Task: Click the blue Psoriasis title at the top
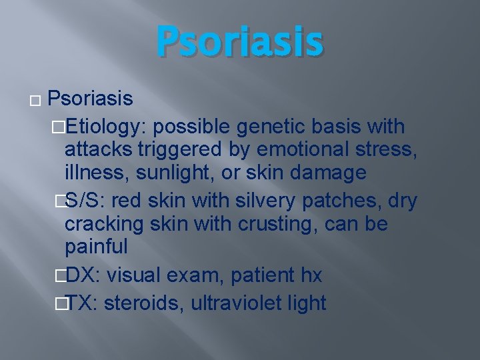pos(240,41)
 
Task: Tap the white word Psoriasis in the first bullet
pos(91,99)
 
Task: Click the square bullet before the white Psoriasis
pos(35,102)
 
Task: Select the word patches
pos(323,200)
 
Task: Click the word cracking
pos(104,223)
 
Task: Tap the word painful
pos(96,247)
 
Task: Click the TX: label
pos(82,303)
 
